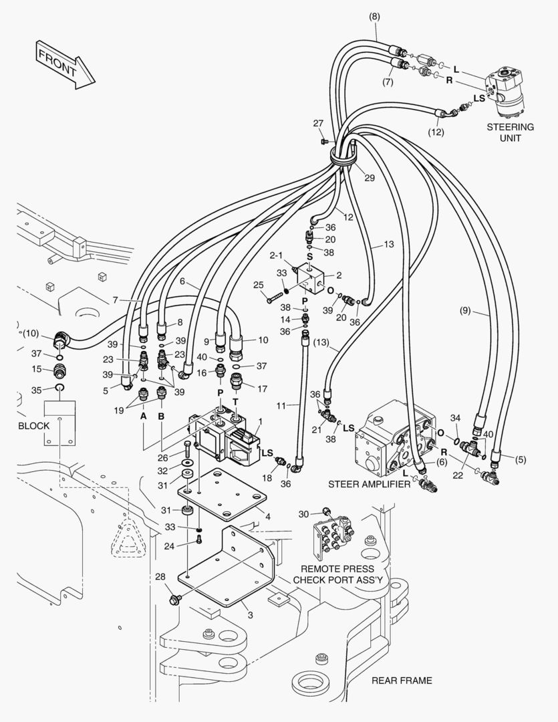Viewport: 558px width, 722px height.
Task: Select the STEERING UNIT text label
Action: [510, 132]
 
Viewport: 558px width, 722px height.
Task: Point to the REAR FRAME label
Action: [402, 681]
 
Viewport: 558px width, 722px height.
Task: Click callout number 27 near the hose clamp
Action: [318, 123]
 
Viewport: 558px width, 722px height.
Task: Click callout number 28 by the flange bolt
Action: [160, 576]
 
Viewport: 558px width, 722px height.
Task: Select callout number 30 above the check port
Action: [303, 513]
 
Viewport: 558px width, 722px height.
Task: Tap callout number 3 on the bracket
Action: [249, 614]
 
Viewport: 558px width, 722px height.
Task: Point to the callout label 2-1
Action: [277, 255]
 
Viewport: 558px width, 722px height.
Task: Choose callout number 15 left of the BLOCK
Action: [38, 369]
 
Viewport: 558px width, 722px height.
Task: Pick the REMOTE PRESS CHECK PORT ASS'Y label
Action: [337, 574]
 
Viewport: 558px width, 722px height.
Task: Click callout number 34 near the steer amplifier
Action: [455, 418]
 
